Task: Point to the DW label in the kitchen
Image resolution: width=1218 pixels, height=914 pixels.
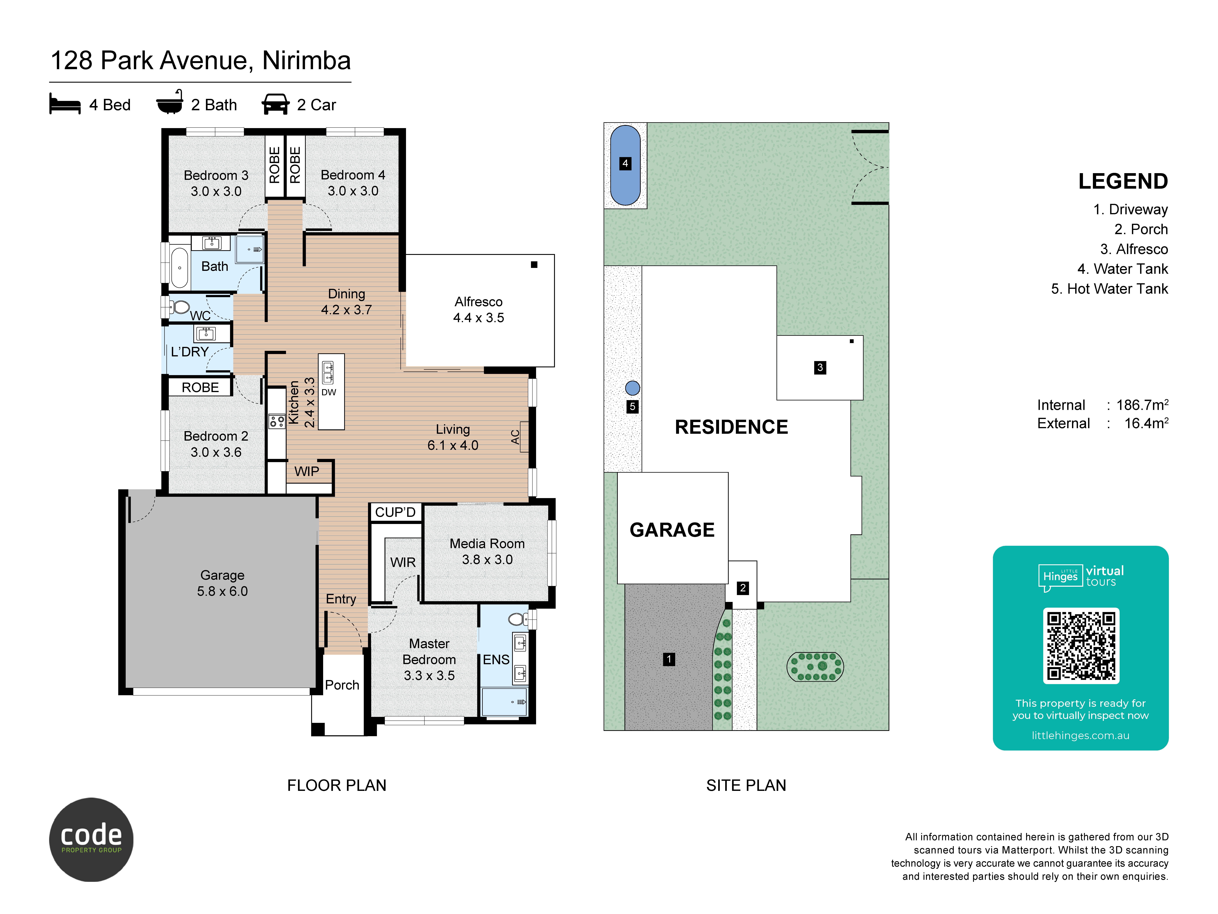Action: click(329, 392)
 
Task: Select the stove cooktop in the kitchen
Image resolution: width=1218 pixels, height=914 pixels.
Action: click(276, 421)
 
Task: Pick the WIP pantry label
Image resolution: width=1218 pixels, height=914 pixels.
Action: click(307, 472)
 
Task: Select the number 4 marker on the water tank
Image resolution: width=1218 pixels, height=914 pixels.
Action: click(625, 164)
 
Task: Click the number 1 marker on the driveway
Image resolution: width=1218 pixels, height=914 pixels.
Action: click(669, 659)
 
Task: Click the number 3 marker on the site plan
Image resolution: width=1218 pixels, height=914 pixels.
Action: click(820, 368)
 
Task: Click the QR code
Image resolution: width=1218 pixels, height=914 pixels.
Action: click(1081, 646)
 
